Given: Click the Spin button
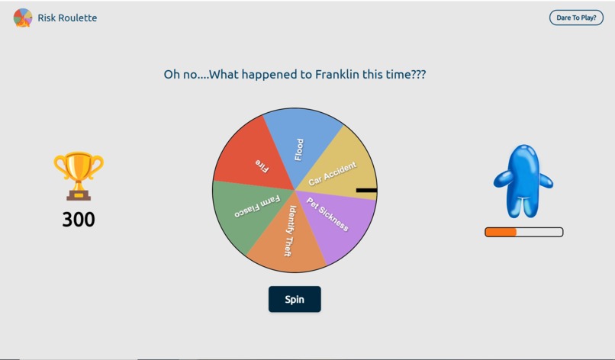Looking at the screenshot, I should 295,299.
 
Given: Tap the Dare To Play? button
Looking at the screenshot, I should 576,18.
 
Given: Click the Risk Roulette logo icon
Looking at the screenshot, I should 23,18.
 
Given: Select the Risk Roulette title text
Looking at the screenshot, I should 67,18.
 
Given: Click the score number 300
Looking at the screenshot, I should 79,220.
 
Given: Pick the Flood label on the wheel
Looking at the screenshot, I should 299,149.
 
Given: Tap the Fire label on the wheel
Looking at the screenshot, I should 262,166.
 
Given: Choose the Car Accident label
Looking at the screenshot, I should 332,174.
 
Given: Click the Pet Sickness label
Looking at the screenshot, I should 327,214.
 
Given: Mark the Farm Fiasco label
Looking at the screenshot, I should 258,207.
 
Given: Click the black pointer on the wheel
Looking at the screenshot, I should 366,190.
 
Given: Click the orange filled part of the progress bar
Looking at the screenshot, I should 501,232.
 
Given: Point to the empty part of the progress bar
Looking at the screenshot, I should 539,232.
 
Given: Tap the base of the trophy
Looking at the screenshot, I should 79,195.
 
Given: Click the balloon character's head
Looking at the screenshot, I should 524,156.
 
